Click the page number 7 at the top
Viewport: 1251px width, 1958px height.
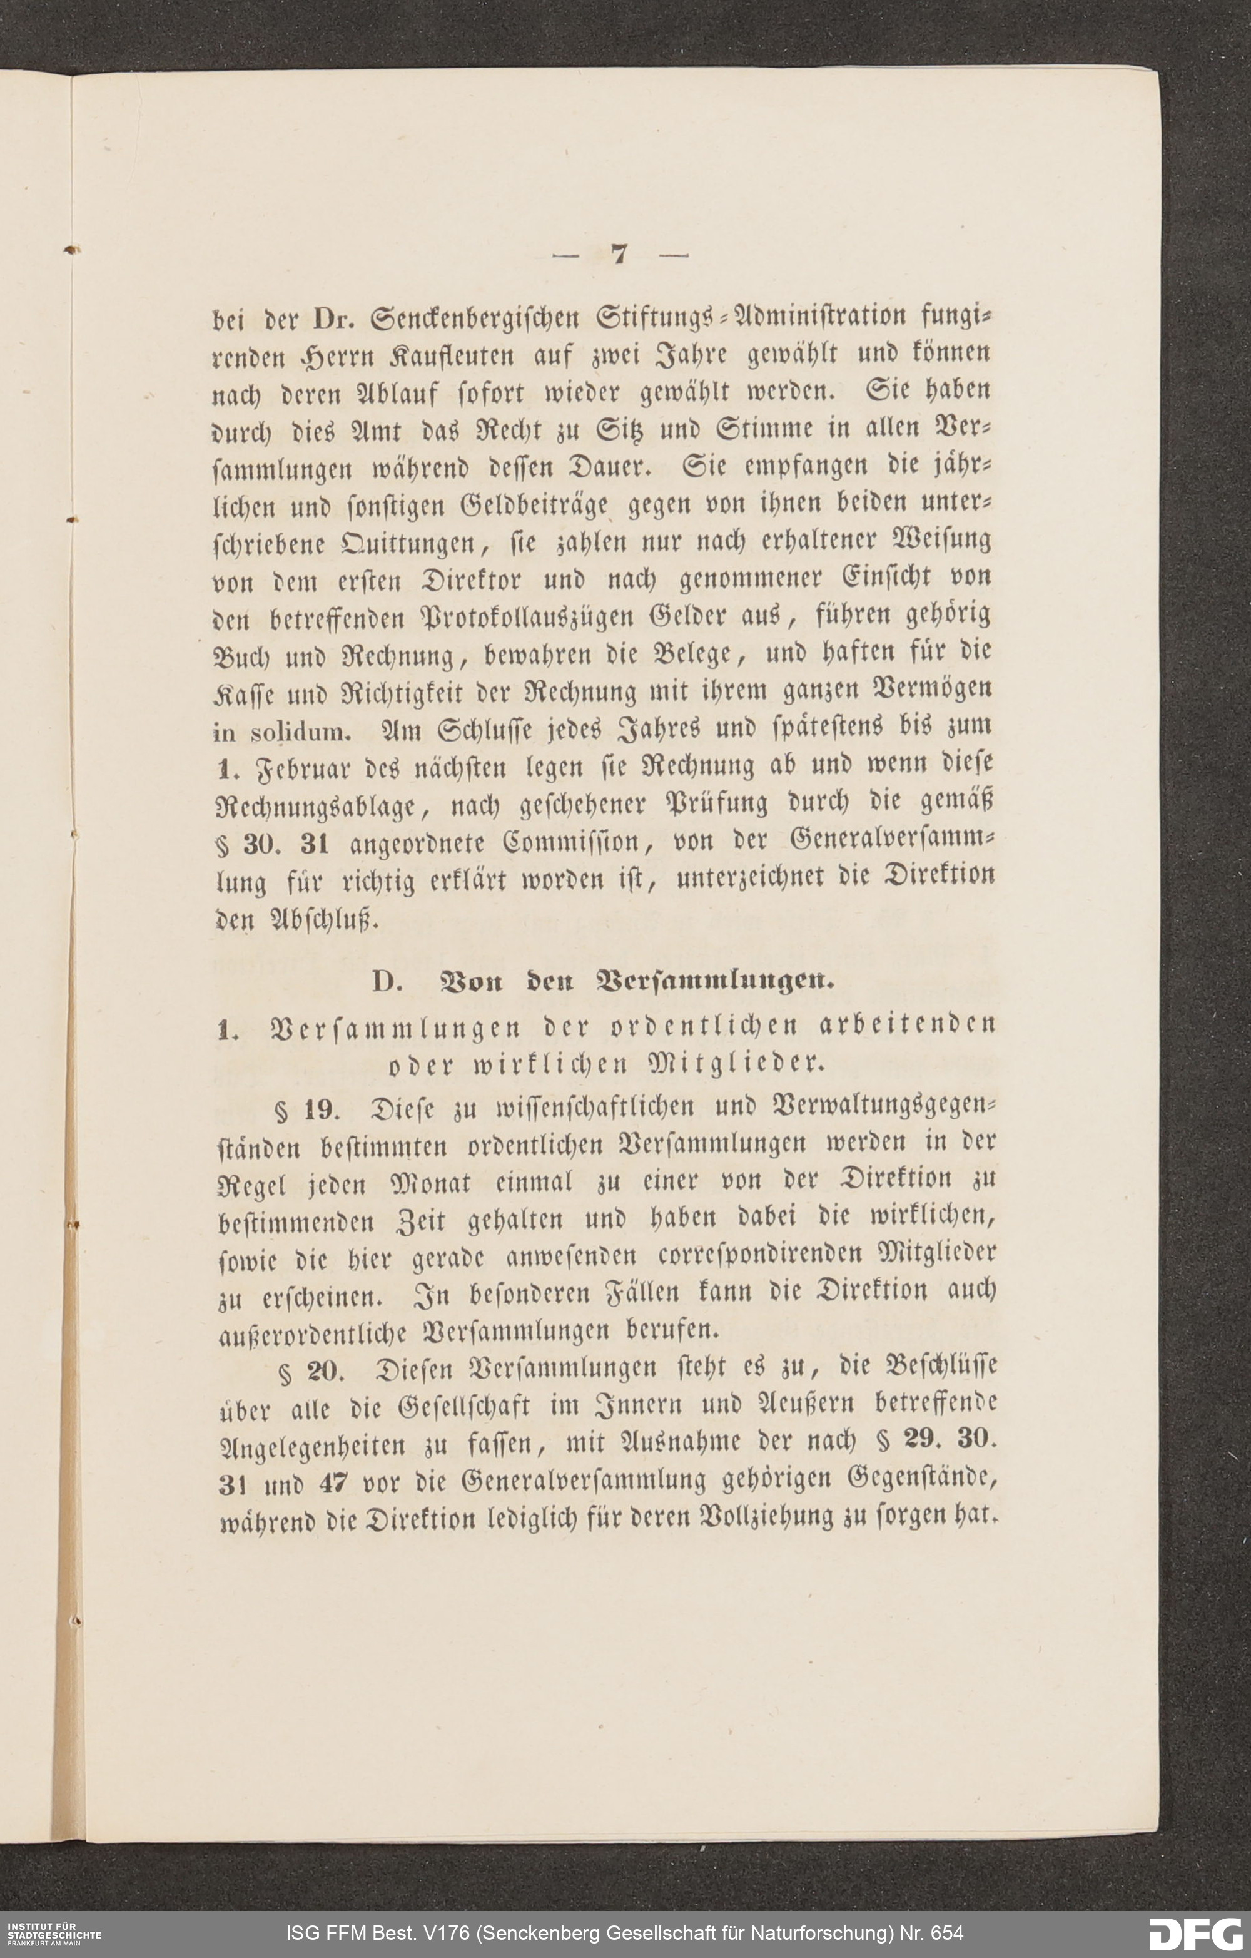(619, 255)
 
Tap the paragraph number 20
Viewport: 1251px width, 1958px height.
(326, 1372)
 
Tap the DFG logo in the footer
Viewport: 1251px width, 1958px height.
(1194, 1933)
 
